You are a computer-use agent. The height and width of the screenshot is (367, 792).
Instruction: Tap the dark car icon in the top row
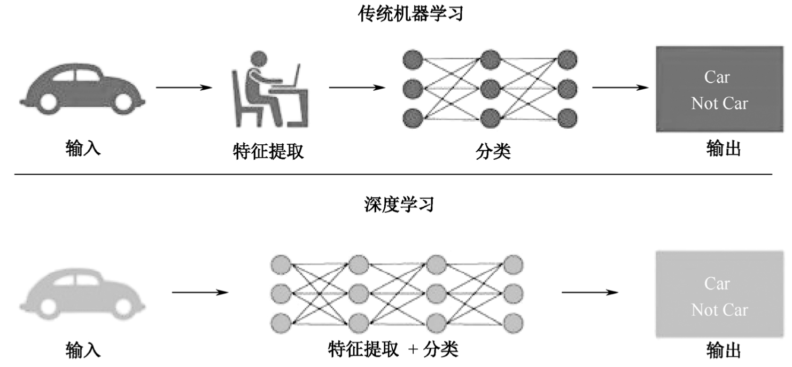pyautogui.click(x=83, y=85)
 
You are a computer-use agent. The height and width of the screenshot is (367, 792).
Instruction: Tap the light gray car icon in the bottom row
pyautogui.click(x=83, y=291)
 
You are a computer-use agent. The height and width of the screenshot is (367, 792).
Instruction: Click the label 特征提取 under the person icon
pyautogui.click(x=268, y=152)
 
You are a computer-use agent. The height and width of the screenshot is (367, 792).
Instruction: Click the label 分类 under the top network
pyautogui.click(x=493, y=152)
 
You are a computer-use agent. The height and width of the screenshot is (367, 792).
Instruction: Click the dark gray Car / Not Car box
pyautogui.click(x=719, y=89)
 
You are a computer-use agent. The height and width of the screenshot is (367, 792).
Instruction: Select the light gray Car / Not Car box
pyautogui.click(x=719, y=294)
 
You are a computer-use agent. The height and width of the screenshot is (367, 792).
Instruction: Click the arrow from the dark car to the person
pyautogui.click(x=184, y=87)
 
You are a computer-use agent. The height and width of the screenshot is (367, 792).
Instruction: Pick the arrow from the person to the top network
pyautogui.click(x=356, y=87)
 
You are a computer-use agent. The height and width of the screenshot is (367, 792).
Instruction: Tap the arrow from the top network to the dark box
pyautogui.click(x=620, y=87)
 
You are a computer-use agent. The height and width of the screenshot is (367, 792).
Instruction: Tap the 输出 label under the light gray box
pyautogui.click(x=724, y=350)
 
